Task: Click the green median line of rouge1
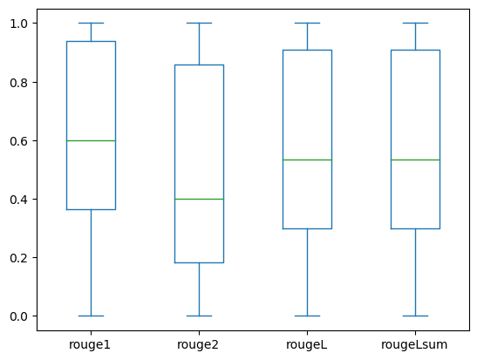[x=91, y=141]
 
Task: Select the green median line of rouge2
[x=199, y=199]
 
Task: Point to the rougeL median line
[x=307, y=160]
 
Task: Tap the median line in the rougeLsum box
[x=416, y=160]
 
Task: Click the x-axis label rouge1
[x=90, y=345]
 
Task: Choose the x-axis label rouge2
[x=198, y=345]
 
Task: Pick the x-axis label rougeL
[x=307, y=345]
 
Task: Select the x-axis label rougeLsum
[x=414, y=345]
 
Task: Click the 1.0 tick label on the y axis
[x=19, y=24]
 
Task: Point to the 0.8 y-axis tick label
[x=19, y=83]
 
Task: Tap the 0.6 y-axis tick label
[x=19, y=141]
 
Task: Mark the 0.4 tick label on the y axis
[x=19, y=200]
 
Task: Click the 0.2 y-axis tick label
[x=19, y=258]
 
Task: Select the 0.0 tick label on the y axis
[x=19, y=316]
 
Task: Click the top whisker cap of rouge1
[x=91, y=24]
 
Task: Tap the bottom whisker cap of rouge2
[x=199, y=316]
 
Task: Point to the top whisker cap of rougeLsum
[x=416, y=24]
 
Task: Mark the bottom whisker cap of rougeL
[x=307, y=316]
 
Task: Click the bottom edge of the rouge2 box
[x=199, y=262]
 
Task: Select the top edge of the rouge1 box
[x=91, y=41]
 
